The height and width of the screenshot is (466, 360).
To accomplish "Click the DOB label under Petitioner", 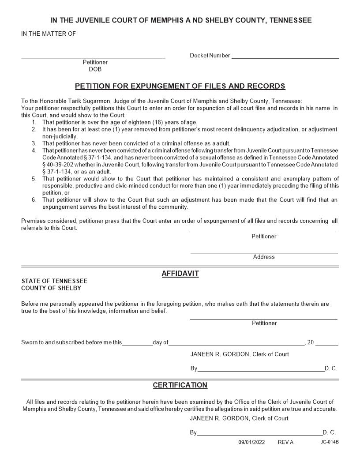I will (95, 69).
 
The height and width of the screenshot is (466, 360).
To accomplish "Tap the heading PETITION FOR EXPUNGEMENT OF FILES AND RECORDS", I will (180, 86).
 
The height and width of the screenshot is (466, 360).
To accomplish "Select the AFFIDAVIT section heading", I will (180, 274).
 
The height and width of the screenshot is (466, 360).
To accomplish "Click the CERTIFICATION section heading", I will (180, 385).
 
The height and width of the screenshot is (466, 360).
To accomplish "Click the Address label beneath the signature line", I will (264, 257).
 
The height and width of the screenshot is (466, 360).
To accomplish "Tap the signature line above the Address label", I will (264, 253).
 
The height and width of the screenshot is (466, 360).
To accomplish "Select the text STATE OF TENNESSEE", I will (54, 281).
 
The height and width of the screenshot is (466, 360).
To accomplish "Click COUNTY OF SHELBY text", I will (51, 288).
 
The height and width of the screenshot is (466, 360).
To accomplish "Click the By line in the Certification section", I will (260, 434).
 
